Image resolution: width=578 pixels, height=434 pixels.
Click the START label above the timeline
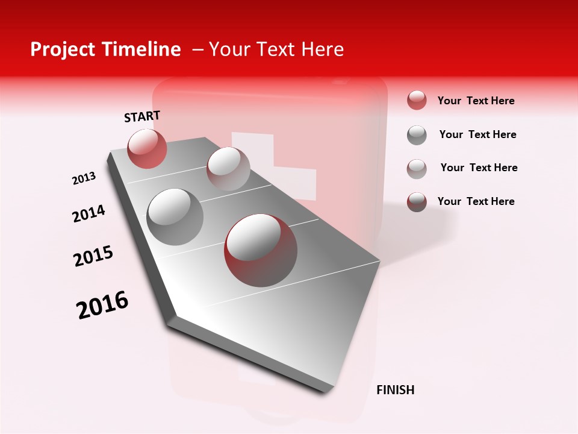142,116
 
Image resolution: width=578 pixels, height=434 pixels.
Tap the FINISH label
395,390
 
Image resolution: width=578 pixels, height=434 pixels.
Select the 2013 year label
84,178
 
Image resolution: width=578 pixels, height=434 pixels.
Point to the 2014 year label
89,214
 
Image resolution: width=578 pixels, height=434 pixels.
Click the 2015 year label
93,256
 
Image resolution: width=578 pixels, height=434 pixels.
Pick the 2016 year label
102,304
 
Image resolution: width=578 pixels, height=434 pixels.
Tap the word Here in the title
322,49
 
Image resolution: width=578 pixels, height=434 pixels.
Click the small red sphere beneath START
147,148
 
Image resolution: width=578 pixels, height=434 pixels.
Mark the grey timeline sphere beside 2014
175,216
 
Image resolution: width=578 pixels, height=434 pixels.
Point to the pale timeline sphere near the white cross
228,168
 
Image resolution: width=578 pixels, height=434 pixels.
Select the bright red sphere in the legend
417,101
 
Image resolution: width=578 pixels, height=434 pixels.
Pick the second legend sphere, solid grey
417,135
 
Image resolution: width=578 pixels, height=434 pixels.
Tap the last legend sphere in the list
417,202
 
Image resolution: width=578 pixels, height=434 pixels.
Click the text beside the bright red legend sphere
476,101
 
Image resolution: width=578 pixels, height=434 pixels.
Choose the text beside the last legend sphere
476,201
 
